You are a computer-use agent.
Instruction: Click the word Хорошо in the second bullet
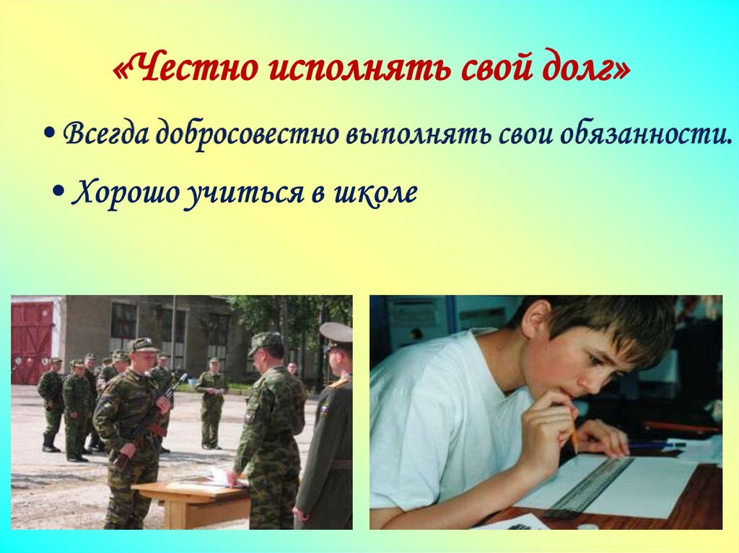click(x=123, y=193)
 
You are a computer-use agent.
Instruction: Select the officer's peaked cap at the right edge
click(x=336, y=333)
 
